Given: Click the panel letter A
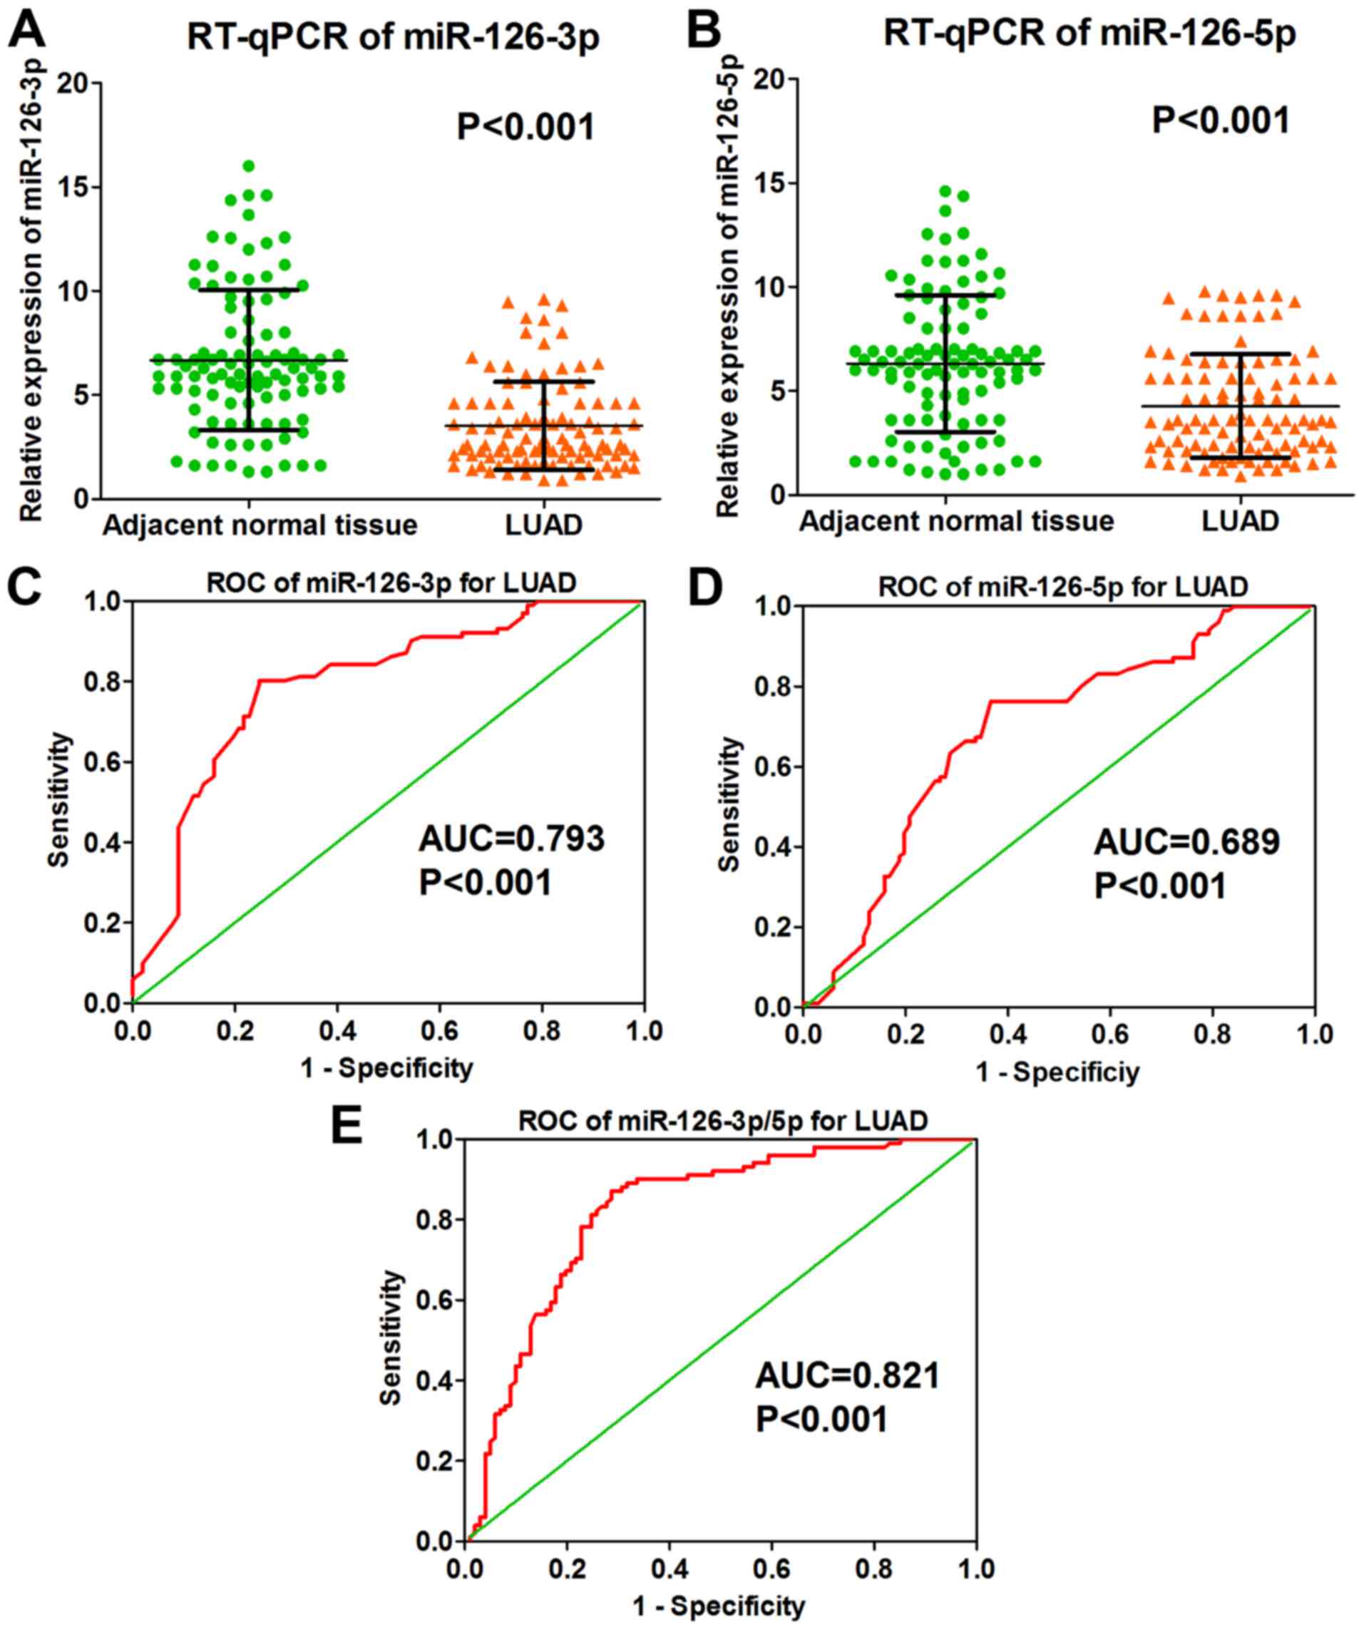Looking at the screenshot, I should [x=24, y=29].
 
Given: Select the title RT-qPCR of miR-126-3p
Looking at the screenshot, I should [x=394, y=38].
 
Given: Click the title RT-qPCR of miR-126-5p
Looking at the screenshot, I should [x=1089, y=35].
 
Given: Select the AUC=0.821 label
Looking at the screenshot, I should [x=848, y=1375].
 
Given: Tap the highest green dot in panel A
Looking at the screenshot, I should [x=249, y=166].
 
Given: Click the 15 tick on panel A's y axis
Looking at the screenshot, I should [x=71, y=188].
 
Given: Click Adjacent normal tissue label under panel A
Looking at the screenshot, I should [x=260, y=526].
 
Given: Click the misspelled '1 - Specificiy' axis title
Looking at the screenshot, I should [x=1057, y=1072].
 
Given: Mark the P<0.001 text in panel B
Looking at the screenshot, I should [x=1220, y=120].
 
